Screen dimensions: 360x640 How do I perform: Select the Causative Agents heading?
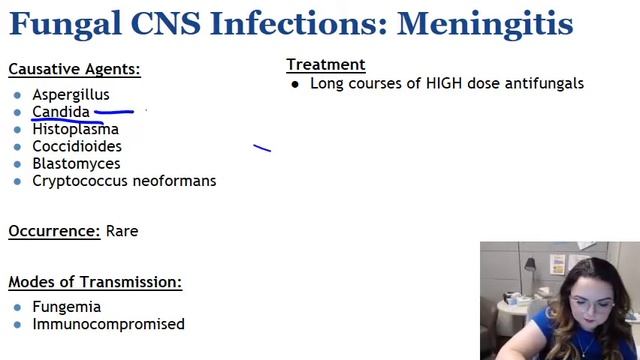[x=74, y=69]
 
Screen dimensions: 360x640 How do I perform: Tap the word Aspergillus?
[x=71, y=95]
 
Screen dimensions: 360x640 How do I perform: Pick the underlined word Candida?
[x=61, y=112]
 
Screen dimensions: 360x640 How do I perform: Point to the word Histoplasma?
[x=75, y=129]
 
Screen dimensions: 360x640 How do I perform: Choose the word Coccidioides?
[x=77, y=146]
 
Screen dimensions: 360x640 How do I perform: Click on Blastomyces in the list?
[x=76, y=163]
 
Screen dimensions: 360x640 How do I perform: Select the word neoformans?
[x=169, y=181]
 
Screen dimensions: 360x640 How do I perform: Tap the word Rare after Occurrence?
[x=122, y=231]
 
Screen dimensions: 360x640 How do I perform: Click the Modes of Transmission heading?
[x=95, y=283]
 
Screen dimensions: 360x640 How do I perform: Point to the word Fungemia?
[x=66, y=307]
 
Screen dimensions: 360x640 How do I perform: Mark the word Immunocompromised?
[x=108, y=324]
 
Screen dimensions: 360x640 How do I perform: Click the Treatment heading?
[x=325, y=65]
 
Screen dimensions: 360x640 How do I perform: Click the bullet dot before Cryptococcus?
[x=17, y=182]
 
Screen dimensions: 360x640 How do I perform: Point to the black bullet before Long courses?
[x=295, y=85]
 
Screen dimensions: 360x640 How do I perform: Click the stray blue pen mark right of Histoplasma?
[x=262, y=149]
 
